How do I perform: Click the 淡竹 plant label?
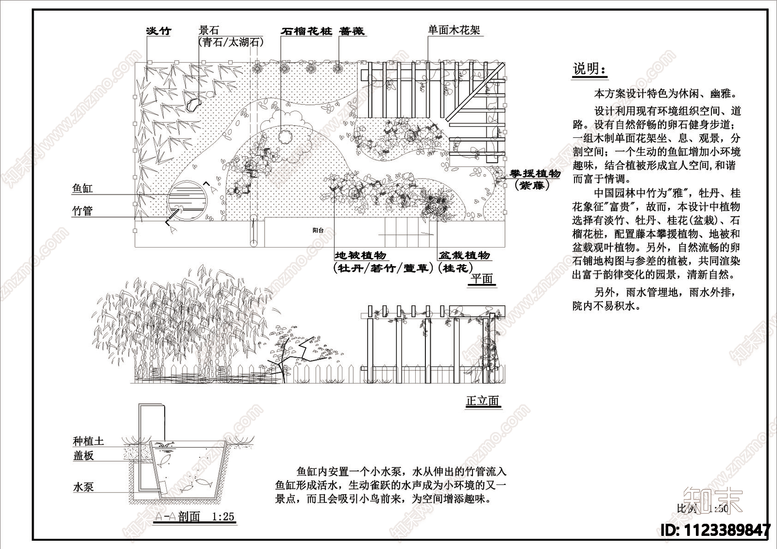[x=159, y=31]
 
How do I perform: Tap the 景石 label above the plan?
[x=209, y=31]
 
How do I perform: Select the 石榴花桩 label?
[x=306, y=31]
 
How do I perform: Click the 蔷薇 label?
[x=352, y=31]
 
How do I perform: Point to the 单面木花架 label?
[x=454, y=30]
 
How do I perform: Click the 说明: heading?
[x=590, y=69]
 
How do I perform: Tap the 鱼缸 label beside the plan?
[x=82, y=188]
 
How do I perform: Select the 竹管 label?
[x=82, y=211]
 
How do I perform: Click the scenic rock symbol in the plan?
[x=193, y=104]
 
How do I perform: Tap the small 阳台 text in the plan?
[x=318, y=231]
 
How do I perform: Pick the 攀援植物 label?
[x=535, y=174]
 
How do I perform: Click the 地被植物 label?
[x=360, y=255]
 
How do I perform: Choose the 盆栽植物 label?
[x=464, y=255]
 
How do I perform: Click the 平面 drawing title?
[x=482, y=279]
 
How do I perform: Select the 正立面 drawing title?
[x=482, y=401]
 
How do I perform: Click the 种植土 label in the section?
[x=88, y=441]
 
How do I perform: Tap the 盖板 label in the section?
[x=83, y=455]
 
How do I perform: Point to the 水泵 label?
[x=83, y=487]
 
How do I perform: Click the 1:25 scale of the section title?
[x=223, y=517]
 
